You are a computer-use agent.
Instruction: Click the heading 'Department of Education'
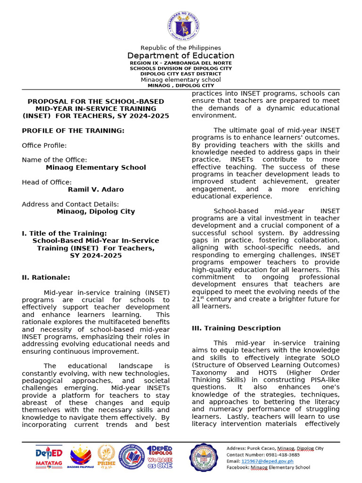tap(181, 56)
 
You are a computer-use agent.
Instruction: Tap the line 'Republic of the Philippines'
tap(181, 48)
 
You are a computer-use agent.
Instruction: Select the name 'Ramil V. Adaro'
tap(96, 190)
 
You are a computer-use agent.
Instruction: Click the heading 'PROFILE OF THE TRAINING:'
tap(73, 131)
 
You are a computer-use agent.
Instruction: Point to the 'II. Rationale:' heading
tap(46, 277)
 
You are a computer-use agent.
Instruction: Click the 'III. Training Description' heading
tap(236, 328)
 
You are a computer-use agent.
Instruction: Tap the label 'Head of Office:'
tap(47, 182)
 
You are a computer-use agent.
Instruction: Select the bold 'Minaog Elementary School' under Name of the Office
tap(96, 167)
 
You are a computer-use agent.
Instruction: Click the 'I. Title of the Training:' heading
tap(64, 233)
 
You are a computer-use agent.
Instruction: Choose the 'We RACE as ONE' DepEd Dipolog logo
tap(160, 457)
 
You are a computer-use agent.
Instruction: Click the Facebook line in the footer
tap(268, 467)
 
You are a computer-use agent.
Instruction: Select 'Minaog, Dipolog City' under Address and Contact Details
tap(96, 211)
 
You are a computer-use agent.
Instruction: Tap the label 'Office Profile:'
tap(44, 145)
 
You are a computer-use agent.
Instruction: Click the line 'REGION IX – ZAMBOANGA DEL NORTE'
tap(181, 63)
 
